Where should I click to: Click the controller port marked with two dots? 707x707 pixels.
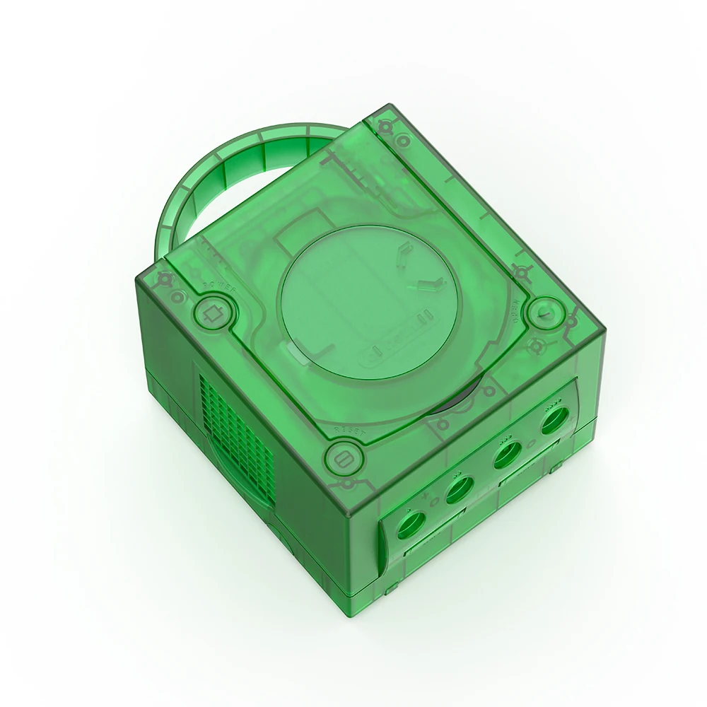(x=460, y=489)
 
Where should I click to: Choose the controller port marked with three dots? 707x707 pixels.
(x=507, y=452)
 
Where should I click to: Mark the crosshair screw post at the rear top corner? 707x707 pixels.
(x=385, y=127)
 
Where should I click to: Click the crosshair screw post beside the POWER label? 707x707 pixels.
(x=165, y=279)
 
